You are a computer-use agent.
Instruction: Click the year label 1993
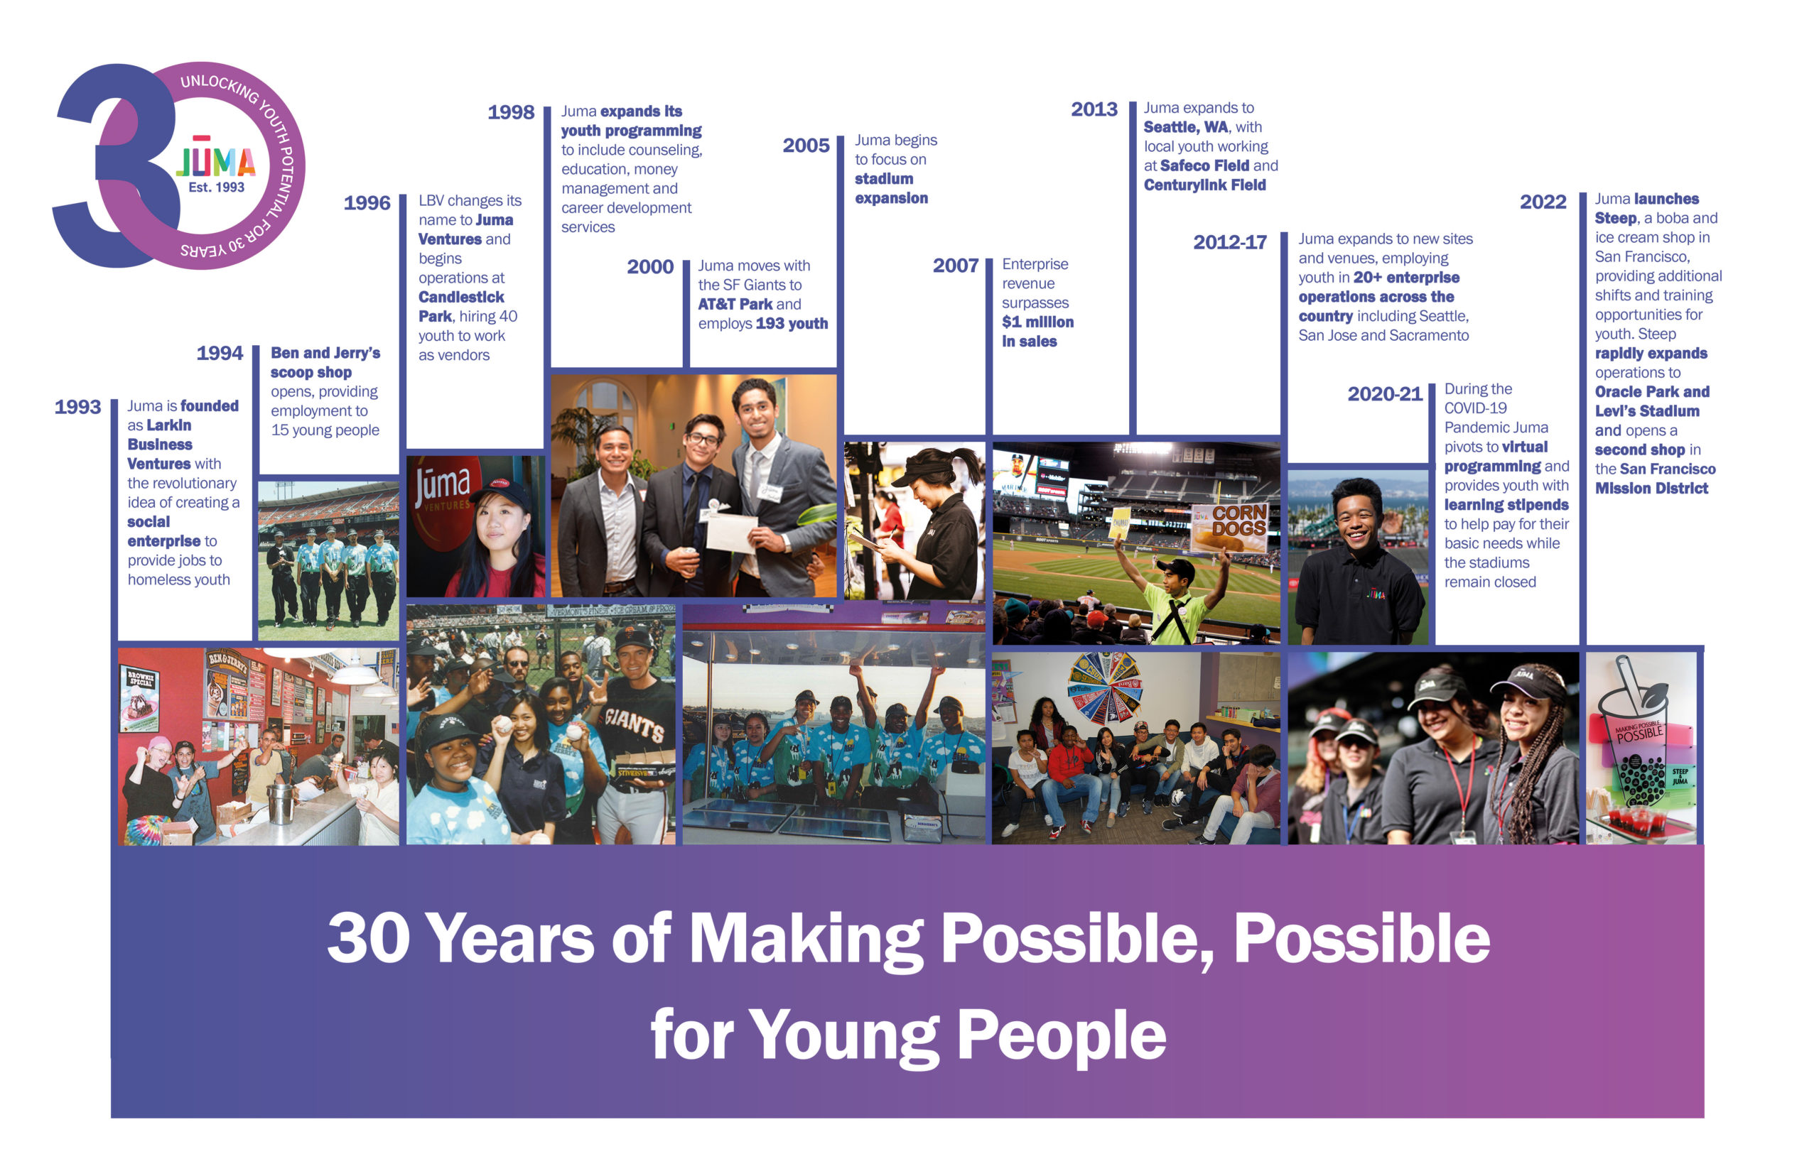(x=77, y=407)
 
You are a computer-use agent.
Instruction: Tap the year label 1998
(x=510, y=112)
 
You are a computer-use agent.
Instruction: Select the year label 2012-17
(x=1229, y=242)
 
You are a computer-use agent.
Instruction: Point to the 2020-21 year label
(x=1384, y=394)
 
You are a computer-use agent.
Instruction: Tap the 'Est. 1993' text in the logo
(x=216, y=187)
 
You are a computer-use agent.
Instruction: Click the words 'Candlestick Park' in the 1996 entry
(x=460, y=306)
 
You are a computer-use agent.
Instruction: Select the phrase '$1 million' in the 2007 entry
(x=1037, y=322)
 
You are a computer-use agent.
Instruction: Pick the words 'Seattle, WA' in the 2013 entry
(x=1186, y=128)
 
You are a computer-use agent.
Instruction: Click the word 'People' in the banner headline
(x=1061, y=1035)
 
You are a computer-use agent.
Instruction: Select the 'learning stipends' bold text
(x=1506, y=505)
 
